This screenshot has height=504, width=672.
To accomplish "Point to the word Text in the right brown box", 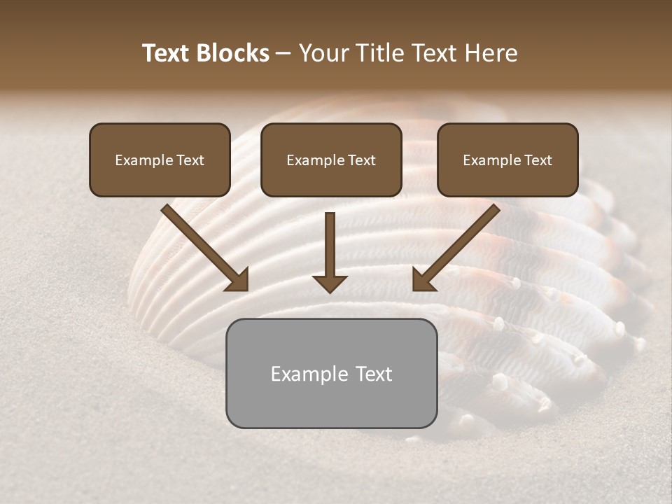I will pos(538,160).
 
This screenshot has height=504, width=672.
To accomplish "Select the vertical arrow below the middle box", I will pos(330,245).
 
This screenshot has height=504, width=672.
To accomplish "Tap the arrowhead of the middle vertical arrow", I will pos(330,283).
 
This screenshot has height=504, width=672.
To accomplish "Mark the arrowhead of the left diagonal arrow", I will pos(239,281).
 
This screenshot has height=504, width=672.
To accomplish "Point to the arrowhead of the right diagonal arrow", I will pos(422,281).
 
